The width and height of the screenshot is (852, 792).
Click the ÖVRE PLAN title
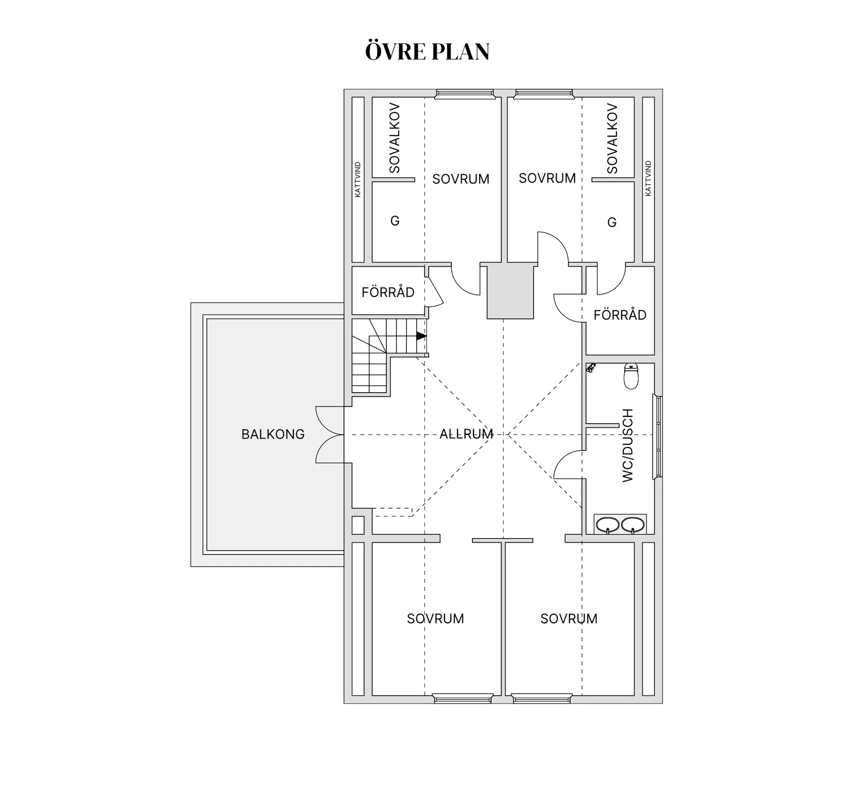(427, 51)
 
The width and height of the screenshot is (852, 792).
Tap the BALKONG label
(273, 434)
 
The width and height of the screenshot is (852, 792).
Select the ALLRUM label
(466, 434)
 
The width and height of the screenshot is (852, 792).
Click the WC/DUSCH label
(627, 445)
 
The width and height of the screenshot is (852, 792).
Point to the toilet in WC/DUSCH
(631, 376)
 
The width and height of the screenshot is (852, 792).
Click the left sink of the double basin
(608, 525)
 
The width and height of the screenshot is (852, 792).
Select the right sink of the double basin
(633, 525)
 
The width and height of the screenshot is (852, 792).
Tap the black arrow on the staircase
(421, 336)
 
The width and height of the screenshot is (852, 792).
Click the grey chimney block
(511, 293)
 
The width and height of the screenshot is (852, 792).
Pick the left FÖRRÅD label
(388, 293)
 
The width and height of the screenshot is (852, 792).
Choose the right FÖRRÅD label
(620, 315)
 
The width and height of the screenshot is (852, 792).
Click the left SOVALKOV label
(395, 138)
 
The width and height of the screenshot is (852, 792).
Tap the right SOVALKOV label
(612, 138)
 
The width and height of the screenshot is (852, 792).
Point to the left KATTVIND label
(358, 179)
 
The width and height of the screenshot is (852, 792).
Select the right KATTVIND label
(648, 178)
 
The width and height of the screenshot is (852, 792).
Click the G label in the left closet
(395, 221)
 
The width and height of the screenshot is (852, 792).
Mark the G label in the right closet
(612, 222)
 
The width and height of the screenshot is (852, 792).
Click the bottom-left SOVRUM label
(435, 619)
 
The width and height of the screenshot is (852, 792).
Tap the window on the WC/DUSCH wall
(658, 437)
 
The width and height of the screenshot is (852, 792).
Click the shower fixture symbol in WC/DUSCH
(591, 368)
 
